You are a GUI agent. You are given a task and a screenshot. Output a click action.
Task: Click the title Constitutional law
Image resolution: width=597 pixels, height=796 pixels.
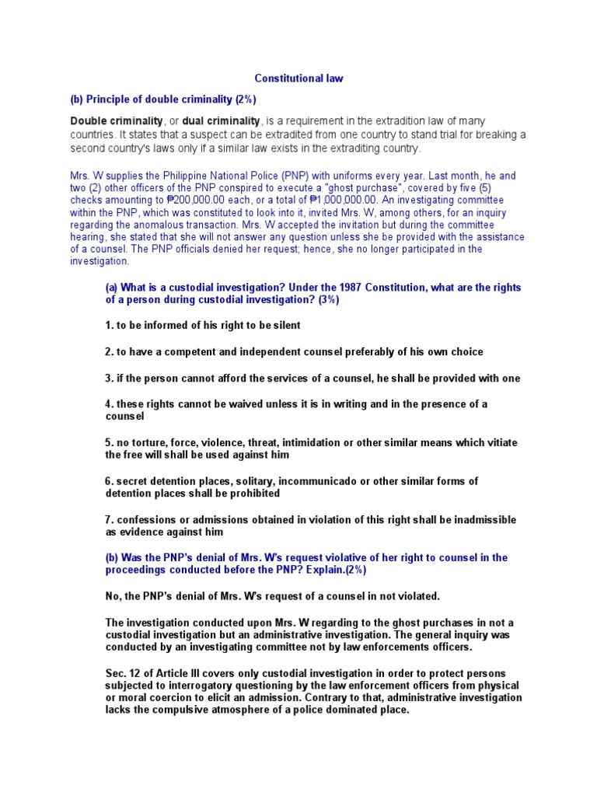(x=298, y=79)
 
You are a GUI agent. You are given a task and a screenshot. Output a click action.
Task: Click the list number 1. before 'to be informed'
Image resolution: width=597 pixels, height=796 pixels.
(x=110, y=326)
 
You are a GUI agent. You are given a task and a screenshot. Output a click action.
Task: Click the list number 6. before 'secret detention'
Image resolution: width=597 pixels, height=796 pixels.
(x=110, y=481)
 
